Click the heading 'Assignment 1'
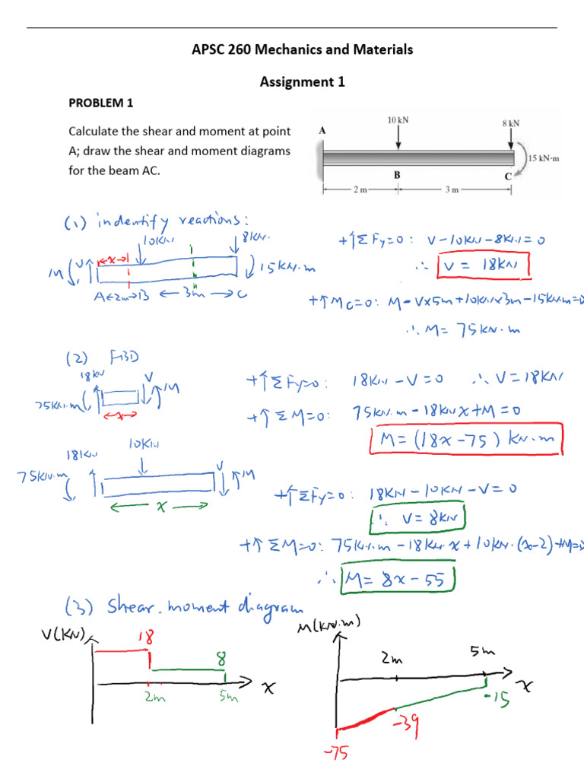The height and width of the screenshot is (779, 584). coord(303,81)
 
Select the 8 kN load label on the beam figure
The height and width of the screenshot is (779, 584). coord(510,122)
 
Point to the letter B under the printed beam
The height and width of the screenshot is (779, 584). coord(396,174)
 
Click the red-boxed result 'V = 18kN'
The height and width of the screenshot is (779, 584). coord(484,267)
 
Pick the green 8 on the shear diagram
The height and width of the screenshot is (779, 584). coord(221,657)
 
